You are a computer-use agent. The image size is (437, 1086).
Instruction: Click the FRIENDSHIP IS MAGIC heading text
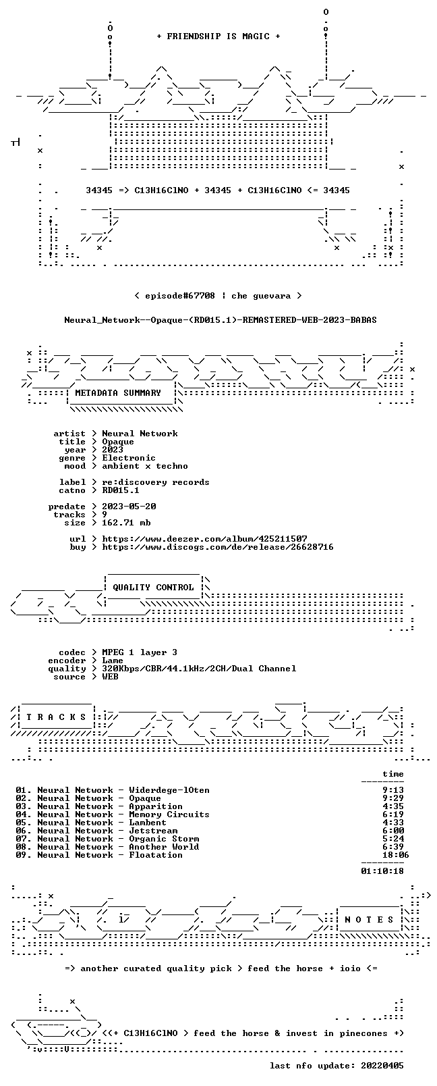(218, 36)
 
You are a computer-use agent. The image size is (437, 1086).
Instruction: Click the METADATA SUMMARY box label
(118, 392)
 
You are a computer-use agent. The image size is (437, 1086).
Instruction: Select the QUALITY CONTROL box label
(153, 587)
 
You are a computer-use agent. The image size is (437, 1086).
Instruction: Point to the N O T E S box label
(370, 919)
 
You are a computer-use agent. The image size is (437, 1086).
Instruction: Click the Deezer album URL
(205, 539)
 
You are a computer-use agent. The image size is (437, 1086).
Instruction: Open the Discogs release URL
(218, 547)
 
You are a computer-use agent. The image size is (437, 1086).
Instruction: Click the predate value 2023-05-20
(129, 506)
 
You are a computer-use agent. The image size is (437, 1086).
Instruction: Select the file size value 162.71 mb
(126, 523)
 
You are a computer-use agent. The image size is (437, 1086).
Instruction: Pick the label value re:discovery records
(156, 482)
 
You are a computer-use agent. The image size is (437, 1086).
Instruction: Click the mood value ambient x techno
(145, 466)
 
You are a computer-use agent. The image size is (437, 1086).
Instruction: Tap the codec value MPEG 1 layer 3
(140, 652)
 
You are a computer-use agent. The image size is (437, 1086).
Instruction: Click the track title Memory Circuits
(169, 814)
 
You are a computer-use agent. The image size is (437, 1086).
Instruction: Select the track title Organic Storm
(164, 839)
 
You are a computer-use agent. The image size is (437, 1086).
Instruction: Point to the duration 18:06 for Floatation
(395, 855)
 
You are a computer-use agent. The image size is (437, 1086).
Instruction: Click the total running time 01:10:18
(382, 871)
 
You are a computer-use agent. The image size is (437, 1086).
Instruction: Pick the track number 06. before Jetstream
(24, 831)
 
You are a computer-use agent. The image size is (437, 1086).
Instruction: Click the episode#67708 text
(180, 296)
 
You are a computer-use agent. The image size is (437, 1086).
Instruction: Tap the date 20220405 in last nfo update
(382, 1065)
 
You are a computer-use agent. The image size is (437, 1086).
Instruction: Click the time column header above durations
(393, 774)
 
